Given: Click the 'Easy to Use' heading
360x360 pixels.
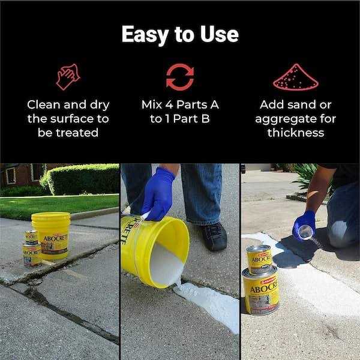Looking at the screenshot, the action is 180,34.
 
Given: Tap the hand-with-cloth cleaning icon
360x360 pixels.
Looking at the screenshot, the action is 68,77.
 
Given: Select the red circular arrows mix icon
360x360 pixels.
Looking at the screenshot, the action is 180,77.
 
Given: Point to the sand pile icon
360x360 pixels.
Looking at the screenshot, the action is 296,77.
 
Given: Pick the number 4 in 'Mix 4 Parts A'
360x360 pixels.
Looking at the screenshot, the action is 169,104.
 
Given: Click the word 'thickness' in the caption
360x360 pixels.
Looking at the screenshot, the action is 296,133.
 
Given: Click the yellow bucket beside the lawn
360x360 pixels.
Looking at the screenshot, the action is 52,235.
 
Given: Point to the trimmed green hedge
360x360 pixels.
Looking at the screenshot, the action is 80,179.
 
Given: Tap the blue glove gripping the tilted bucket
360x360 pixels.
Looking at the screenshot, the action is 158,194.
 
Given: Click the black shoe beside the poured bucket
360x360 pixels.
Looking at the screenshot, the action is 214,236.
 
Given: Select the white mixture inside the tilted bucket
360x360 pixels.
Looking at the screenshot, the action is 166,264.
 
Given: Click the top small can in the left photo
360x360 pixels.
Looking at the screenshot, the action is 32,238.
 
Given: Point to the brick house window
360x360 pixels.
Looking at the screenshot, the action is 11,176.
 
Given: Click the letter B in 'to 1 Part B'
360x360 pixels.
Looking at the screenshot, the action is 205,119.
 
